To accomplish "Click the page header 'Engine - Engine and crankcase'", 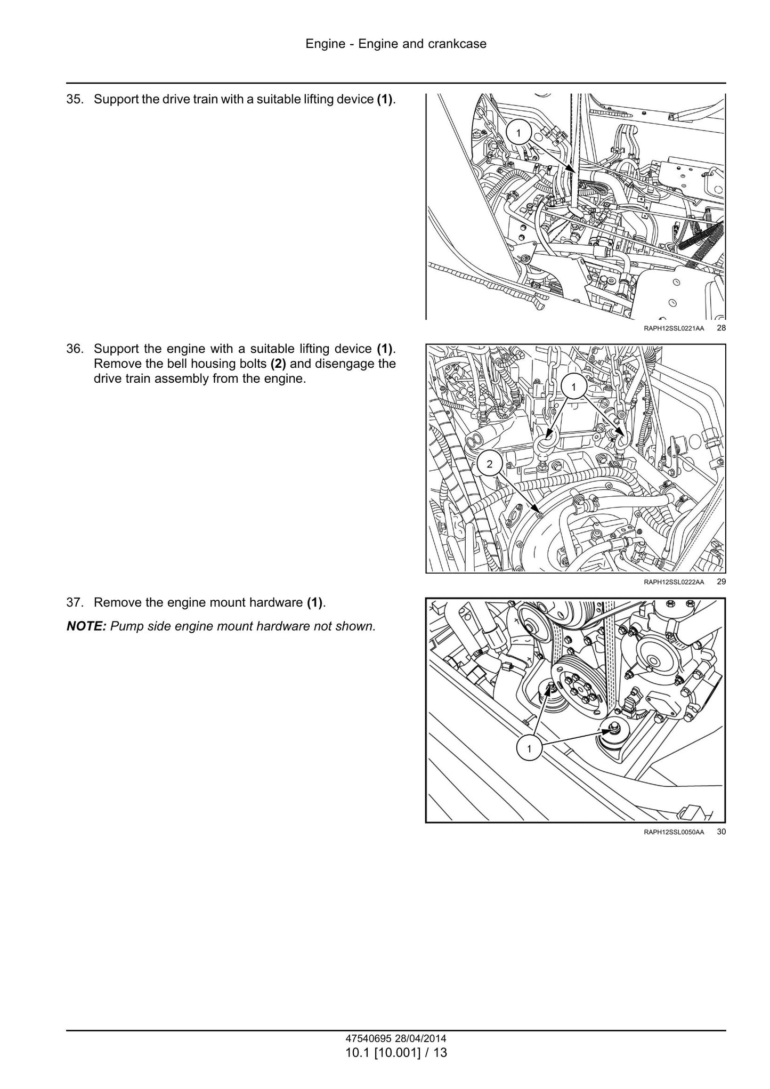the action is click(396, 44).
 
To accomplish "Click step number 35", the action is click(75, 100).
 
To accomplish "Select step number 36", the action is click(75, 349).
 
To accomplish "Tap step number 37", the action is click(75, 602).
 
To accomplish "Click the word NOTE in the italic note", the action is click(86, 626).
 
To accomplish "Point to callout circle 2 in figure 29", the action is click(490, 464).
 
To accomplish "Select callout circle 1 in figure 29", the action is click(573, 387).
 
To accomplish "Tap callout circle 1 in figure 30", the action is click(529, 749).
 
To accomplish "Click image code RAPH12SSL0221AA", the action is click(674, 328).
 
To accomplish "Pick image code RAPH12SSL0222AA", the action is click(674, 582).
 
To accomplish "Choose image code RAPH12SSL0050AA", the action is click(674, 832).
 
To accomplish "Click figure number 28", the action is click(721, 328).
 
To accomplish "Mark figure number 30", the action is click(721, 831).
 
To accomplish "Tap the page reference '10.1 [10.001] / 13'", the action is click(396, 1053).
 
